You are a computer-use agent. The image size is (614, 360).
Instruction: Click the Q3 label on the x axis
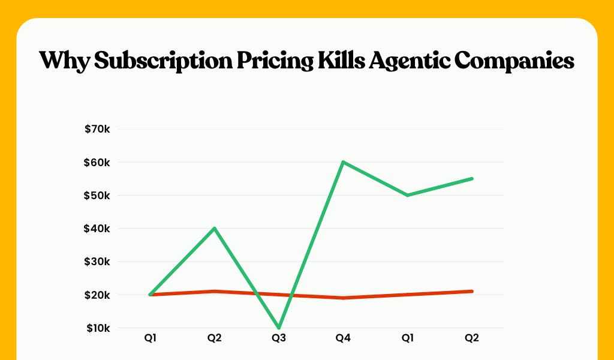[279, 338]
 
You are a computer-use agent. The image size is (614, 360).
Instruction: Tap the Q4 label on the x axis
[343, 338]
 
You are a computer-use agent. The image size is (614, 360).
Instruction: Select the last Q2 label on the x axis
[472, 338]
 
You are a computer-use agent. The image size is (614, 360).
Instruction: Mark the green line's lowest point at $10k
[279, 328]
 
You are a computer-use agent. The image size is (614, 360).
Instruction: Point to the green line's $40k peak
[215, 229]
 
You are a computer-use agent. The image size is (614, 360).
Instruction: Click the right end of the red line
[472, 292]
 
